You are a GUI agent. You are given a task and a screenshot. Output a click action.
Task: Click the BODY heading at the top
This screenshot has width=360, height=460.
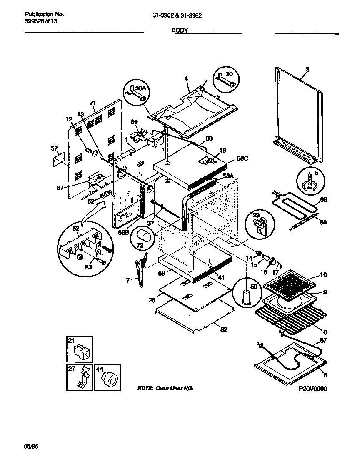(x=180, y=30)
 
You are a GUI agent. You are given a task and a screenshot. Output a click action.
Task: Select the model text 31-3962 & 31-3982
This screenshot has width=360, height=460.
(x=177, y=15)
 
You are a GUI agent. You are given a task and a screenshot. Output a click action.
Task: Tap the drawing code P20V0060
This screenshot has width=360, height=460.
(x=313, y=389)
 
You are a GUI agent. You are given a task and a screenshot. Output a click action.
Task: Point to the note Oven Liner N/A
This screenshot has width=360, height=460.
(x=165, y=389)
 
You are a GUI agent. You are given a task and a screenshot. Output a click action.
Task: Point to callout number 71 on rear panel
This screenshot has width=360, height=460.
(x=92, y=102)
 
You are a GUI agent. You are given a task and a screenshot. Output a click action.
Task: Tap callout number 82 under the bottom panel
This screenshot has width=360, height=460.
(x=224, y=329)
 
